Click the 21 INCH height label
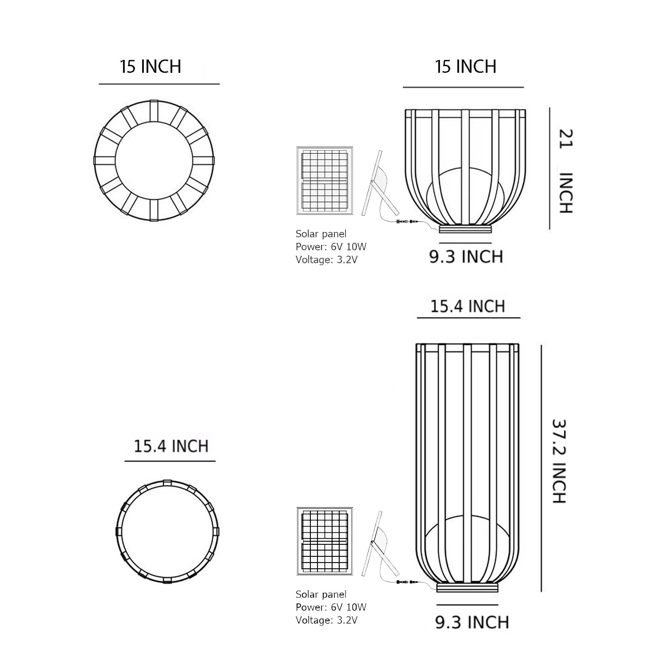point(566,171)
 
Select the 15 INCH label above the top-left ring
point(151,66)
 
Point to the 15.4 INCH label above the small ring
point(171,446)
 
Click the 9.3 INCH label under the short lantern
point(466,257)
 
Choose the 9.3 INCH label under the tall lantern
point(472,622)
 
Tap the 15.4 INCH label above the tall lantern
point(468,306)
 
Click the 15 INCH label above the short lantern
point(465,66)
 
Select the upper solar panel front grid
point(325,181)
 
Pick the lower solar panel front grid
point(325,541)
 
